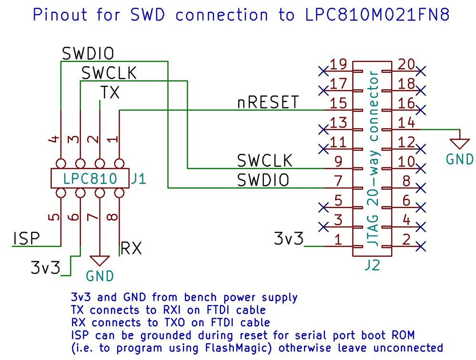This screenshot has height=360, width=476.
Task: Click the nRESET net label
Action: [268, 103]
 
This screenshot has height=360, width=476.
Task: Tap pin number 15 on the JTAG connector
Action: [338, 103]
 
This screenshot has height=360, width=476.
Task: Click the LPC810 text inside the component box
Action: [90, 179]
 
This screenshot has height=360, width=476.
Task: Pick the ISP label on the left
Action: [26, 238]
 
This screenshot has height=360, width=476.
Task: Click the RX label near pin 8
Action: [131, 248]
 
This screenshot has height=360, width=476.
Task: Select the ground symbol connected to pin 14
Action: [460, 142]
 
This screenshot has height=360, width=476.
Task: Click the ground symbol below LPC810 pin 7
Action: [100, 260]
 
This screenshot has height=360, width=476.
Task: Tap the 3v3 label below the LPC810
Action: [46, 267]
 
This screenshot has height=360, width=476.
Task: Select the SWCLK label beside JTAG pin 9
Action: [265, 161]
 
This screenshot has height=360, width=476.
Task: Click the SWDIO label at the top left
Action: [88, 53]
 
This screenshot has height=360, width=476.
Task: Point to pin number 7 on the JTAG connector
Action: [338, 181]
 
